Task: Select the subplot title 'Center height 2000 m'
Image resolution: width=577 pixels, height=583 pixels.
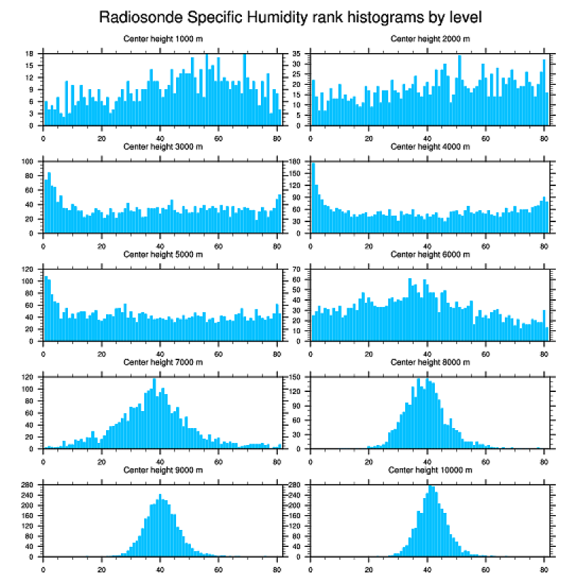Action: click(430, 38)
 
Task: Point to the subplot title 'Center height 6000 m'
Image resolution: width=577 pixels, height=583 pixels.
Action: click(430, 254)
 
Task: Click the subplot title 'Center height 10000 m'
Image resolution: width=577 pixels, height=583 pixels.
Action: click(430, 470)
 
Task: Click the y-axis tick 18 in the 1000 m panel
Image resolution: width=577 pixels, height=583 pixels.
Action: click(30, 54)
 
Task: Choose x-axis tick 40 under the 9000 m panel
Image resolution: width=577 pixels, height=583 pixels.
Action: click(160, 567)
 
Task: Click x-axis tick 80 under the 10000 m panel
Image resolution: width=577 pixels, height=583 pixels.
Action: click(544, 567)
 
